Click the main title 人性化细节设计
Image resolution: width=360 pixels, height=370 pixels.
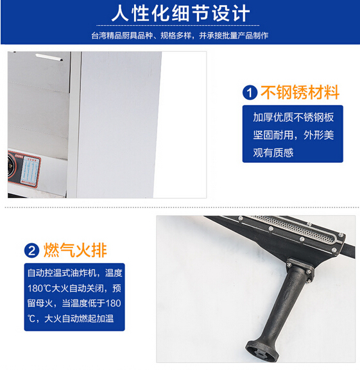click(180, 13)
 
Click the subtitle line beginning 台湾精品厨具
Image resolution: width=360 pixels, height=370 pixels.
click(180, 36)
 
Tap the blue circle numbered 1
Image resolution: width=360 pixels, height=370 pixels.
click(250, 92)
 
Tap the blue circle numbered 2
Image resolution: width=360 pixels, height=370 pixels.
click(31, 251)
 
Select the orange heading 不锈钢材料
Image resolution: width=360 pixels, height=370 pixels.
click(300, 92)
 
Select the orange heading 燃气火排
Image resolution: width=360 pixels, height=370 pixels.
click(75, 250)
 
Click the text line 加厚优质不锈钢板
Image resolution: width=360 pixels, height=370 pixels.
click(293, 117)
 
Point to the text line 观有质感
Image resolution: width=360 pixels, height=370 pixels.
click(273, 153)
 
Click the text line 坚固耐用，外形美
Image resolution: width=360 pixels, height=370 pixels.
click(293, 135)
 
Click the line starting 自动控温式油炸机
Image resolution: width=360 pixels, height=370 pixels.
click(75, 273)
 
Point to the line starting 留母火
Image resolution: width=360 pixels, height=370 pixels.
click(74, 303)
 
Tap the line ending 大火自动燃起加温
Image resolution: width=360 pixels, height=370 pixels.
click(71, 319)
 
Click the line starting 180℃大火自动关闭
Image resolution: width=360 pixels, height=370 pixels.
click(74, 288)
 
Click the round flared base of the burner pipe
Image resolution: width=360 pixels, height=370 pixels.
click(262, 350)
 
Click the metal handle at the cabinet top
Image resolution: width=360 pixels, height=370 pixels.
click(49, 57)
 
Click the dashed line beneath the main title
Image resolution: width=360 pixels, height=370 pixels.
click(178, 25)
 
